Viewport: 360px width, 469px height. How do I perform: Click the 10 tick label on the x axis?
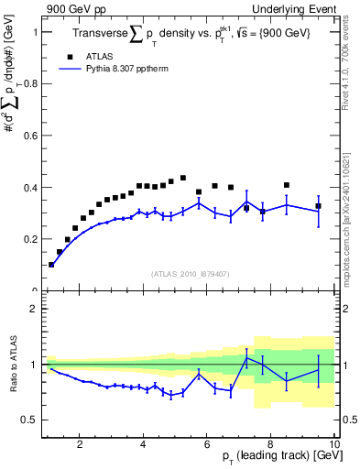tap(333, 445)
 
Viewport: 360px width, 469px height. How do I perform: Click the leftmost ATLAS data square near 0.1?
tap(51, 265)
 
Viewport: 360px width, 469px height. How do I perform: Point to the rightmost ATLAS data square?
tap(319, 206)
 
